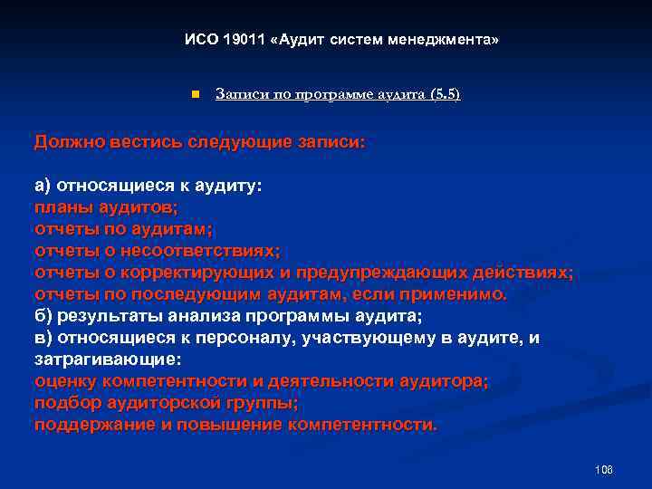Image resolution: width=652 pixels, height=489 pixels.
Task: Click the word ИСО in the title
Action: [x=198, y=41]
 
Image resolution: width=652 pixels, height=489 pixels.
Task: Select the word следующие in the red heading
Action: [x=243, y=142]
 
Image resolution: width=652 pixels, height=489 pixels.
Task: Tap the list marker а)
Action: [x=43, y=186]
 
